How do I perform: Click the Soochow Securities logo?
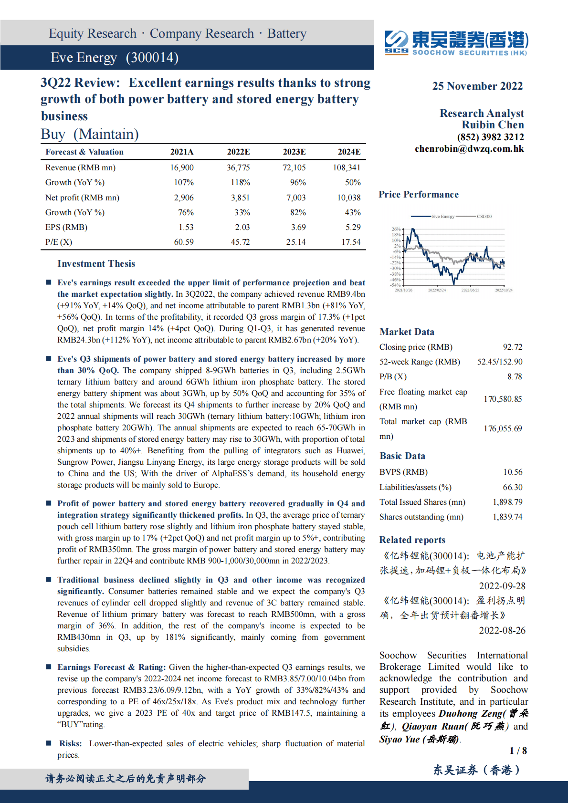coord(456,43)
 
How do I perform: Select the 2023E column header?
coord(294,152)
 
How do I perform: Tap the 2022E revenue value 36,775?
coord(238,167)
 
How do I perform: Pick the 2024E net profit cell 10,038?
coord(349,198)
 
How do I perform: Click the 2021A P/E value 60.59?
coord(184,242)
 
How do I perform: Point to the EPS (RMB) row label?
coord(66,227)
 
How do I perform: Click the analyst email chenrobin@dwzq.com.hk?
coord(469,149)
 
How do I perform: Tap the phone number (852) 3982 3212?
coord(490,137)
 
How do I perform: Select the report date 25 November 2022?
coord(477,86)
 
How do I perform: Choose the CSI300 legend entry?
coord(484,217)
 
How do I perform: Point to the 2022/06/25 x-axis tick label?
coord(470,290)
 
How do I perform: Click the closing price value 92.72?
coord(512,347)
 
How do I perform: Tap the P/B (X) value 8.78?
coord(515,376)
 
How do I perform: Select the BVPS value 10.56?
coord(513,472)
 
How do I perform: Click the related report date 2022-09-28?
coord(502,586)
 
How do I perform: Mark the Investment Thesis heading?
coord(96,264)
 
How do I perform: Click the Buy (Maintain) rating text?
coord(90,134)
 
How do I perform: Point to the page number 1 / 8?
coord(518,751)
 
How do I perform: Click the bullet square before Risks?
coord(49,743)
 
